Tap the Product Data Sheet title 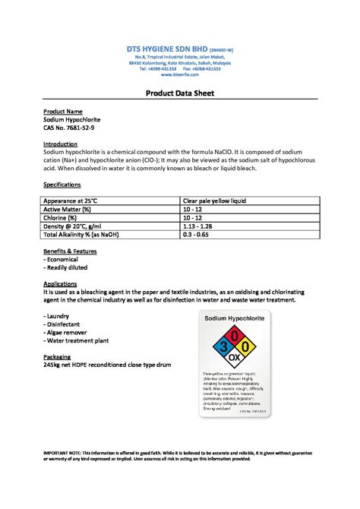pyautogui.click(x=180, y=93)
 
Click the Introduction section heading pyautogui.click(x=60, y=144)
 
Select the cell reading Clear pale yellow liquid pyautogui.click(x=213, y=201)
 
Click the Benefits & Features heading pyautogui.click(x=71, y=251)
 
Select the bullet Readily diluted pyautogui.click(x=66, y=267)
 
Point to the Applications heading pyautogui.click(x=61, y=283)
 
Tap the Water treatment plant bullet pyautogui.click(x=75, y=340)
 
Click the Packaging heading pyautogui.click(x=58, y=356)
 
